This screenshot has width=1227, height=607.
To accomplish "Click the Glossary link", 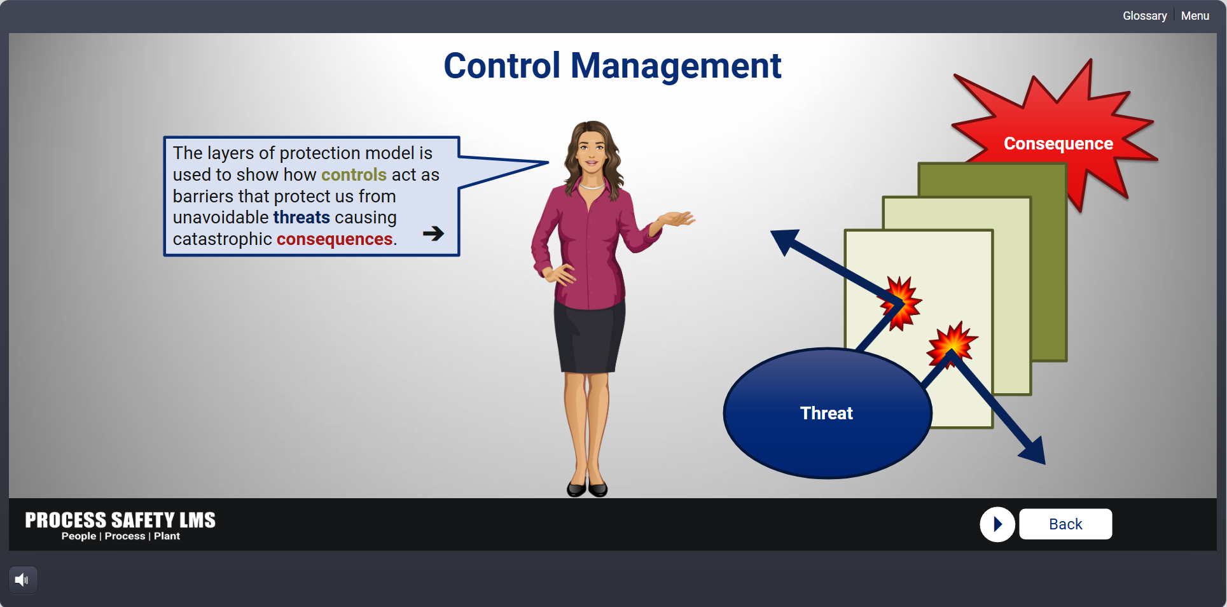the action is click(x=1144, y=16).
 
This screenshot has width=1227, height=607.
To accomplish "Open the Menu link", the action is click(x=1195, y=16).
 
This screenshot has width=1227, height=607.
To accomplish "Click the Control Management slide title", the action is click(x=612, y=66).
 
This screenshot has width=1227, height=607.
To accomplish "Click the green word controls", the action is click(x=354, y=174).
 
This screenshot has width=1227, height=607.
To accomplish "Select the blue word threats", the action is click(x=302, y=217).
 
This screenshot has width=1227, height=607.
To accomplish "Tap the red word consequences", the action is click(x=335, y=239).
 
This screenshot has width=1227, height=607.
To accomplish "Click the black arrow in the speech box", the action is click(x=434, y=234).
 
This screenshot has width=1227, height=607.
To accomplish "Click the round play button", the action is click(x=997, y=524).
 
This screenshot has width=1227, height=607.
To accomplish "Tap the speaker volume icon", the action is click(x=22, y=580).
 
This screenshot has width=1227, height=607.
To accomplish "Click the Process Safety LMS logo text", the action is click(x=120, y=520).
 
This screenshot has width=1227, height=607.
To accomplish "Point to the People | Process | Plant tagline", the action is click(x=121, y=536).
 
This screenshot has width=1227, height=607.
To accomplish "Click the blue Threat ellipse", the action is click(x=828, y=413).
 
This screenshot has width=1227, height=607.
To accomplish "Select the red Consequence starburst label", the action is click(x=1058, y=144).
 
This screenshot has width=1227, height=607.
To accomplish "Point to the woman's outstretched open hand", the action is click(x=677, y=220).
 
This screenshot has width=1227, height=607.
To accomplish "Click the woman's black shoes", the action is click(x=587, y=487).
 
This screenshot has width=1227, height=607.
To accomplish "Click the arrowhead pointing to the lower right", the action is click(x=1033, y=451).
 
